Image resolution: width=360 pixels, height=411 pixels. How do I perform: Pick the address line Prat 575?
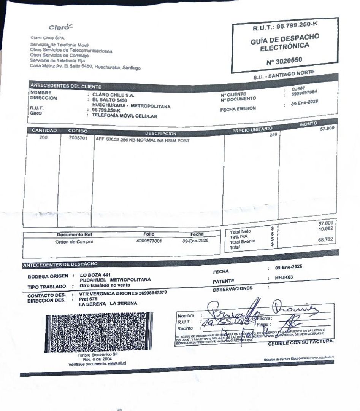coord(85,299)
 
